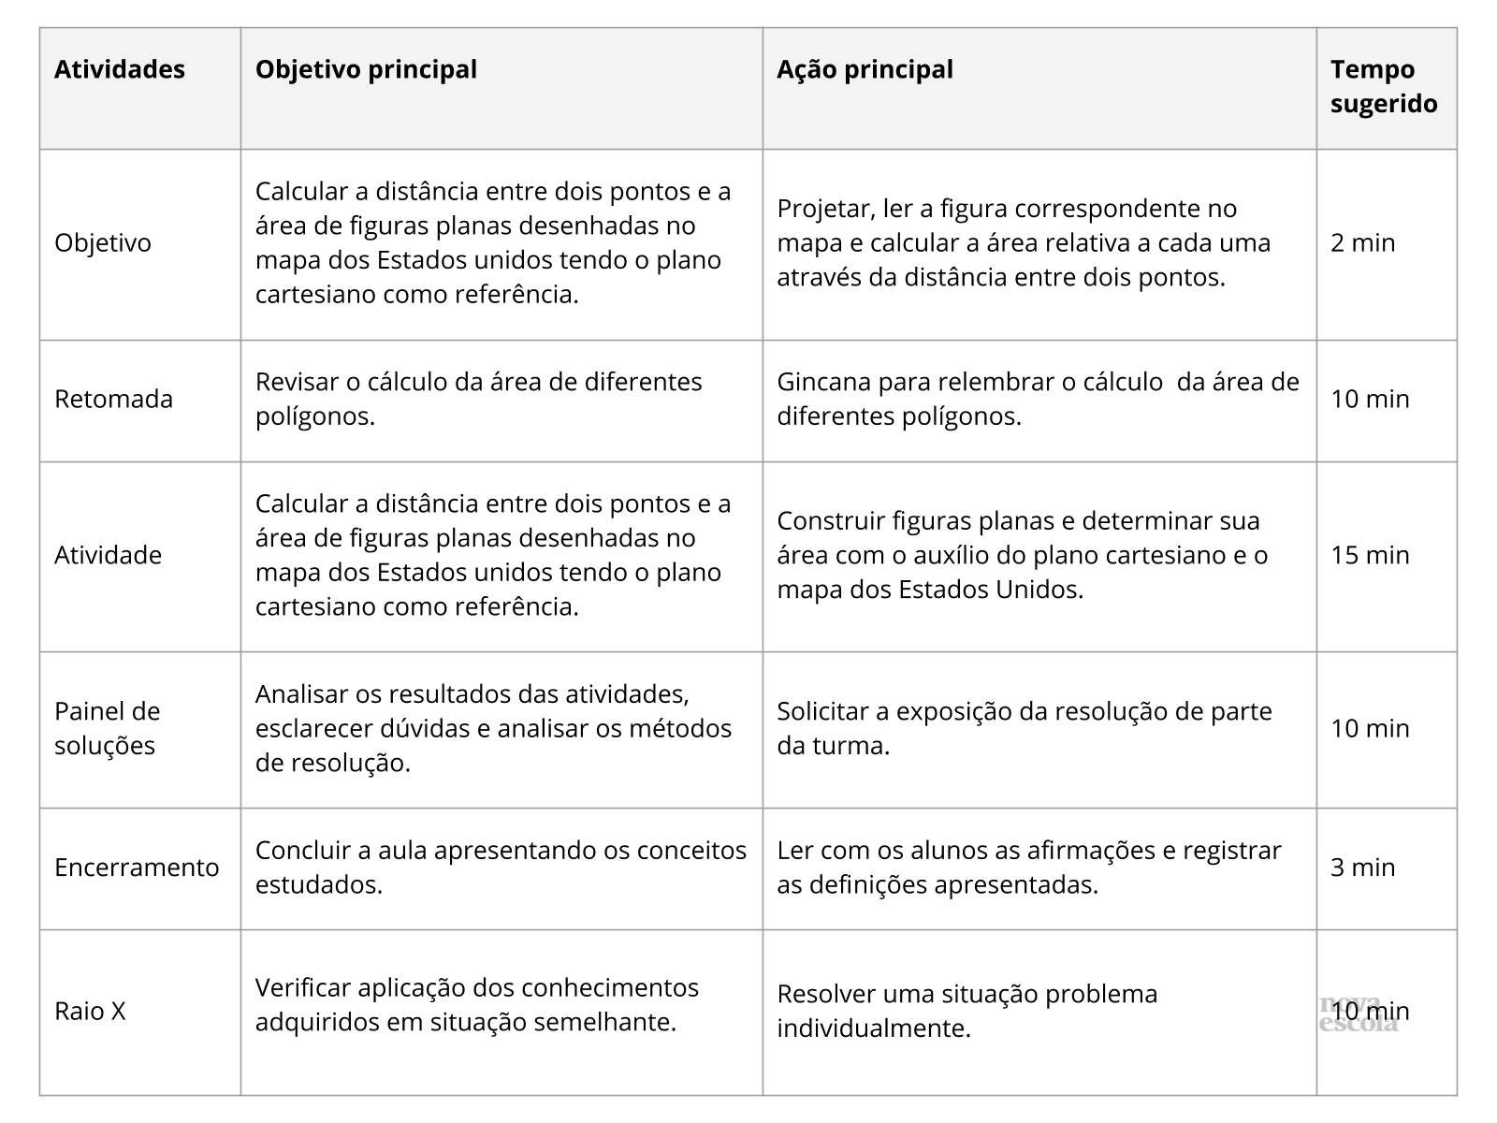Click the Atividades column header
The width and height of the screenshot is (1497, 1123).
[x=120, y=70]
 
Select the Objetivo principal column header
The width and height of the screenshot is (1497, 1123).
[x=366, y=70]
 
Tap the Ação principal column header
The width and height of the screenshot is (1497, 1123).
[x=865, y=70]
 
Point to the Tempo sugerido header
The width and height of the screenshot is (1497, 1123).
[x=1384, y=86]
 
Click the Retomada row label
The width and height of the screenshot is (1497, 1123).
[x=113, y=400]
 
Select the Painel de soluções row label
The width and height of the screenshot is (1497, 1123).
[x=107, y=728]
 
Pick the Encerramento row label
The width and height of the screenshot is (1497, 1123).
[x=137, y=868]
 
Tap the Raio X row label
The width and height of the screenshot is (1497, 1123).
[x=90, y=1012]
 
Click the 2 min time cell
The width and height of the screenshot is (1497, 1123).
[x=1362, y=243]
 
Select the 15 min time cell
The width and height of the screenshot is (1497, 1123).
[x=1370, y=556]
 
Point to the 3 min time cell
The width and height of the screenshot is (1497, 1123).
[x=1362, y=868]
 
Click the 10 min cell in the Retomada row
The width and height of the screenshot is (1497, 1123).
[x=1370, y=400]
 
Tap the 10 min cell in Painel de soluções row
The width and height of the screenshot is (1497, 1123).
[x=1370, y=729]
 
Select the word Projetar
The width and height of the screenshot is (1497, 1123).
[x=821, y=210]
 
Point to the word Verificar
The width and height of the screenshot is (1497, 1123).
[x=303, y=988]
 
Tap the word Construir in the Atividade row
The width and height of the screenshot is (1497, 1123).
[x=831, y=521]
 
